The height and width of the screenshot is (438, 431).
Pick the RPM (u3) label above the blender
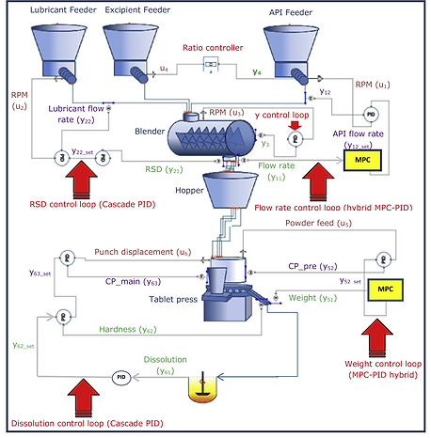pyautogui.click(x=229, y=111)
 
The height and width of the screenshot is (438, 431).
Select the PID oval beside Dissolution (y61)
pyautogui.click(x=120, y=377)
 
